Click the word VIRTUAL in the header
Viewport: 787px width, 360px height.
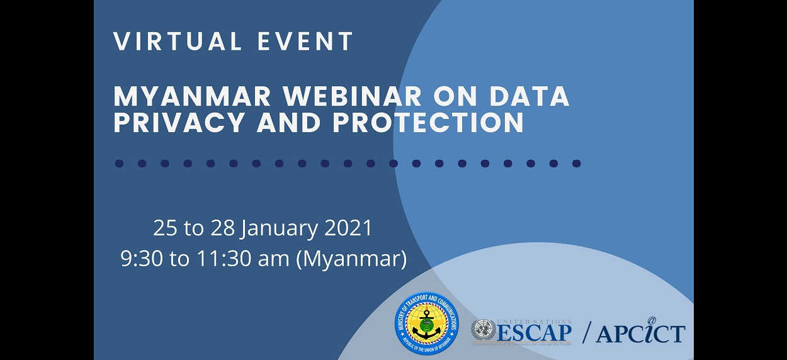coord(179,42)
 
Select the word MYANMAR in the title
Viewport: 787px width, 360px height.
coord(193,96)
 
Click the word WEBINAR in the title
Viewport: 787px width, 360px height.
coord(352,96)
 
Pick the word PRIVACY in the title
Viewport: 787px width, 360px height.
coord(181,123)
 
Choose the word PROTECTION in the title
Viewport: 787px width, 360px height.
coord(428,123)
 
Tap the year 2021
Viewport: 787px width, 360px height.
coord(348,228)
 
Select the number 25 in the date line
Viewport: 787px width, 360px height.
coord(165,228)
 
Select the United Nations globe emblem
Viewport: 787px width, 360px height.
coord(483,330)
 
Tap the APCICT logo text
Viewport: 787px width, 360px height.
coord(640,333)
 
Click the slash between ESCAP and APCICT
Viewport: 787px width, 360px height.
coord(587,333)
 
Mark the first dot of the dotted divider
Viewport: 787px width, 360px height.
coord(119,164)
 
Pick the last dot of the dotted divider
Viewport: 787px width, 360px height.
coord(576,164)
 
